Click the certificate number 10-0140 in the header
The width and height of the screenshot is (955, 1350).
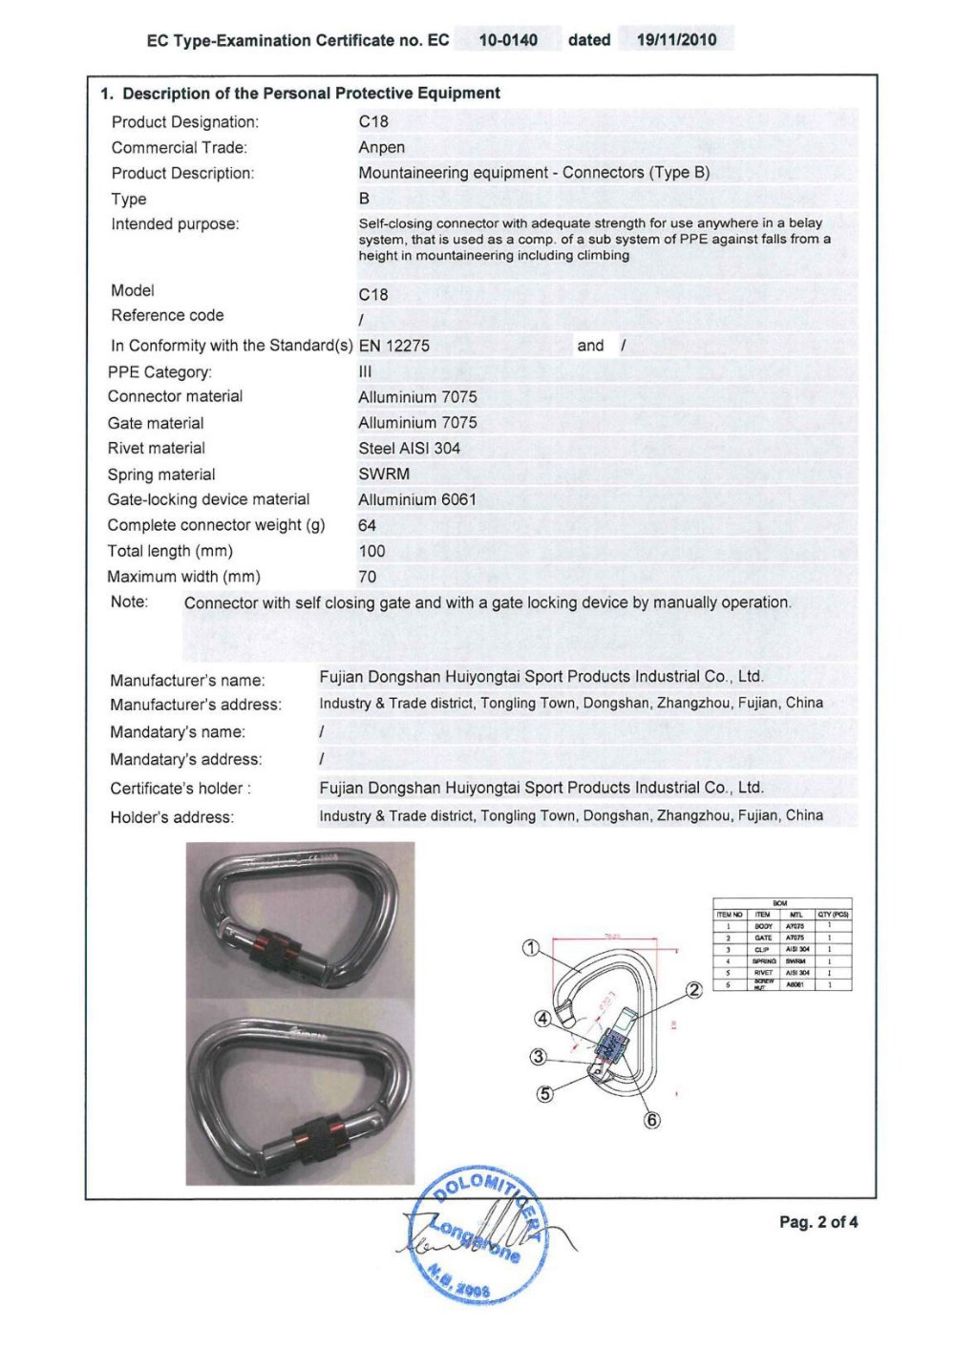tap(508, 40)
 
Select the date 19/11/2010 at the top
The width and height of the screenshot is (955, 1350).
tap(676, 40)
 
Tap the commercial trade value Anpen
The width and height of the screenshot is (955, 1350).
tap(382, 147)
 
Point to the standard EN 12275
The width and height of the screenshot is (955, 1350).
tap(394, 346)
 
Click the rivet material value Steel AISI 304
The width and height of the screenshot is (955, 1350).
tap(410, 448)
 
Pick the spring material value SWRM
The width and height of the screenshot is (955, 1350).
tap(384, 474)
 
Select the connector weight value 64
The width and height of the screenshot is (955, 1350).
tap(368, 525)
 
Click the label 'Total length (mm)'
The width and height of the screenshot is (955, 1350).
tap(170, 551)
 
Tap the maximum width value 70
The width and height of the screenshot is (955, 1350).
tap(368, 577)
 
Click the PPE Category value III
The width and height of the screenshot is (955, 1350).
tap(365, 371)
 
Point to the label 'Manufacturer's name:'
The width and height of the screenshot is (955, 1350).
tap(187, 681)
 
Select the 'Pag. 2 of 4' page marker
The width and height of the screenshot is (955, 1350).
tap(818, 1222)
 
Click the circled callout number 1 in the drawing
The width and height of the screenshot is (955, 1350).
tap(532, 948)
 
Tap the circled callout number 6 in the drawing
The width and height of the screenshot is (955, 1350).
tap(652, 1120)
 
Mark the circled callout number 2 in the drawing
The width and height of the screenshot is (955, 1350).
tap(694, 990)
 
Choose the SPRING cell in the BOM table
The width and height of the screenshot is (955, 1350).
tap(764, 961)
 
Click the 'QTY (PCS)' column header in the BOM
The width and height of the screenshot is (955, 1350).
tap(833, 915)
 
